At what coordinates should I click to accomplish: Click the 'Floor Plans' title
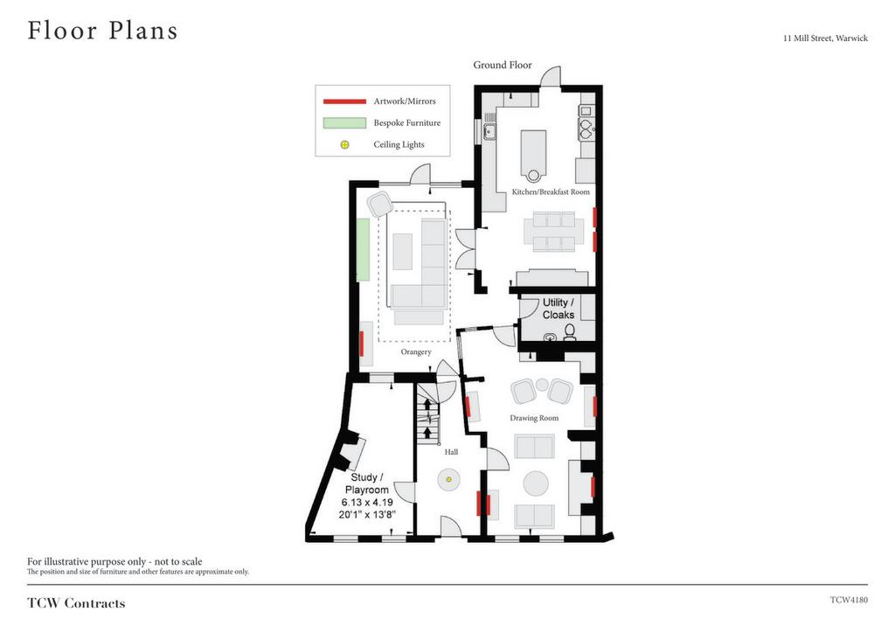pyautogui.click(x=103, y=31)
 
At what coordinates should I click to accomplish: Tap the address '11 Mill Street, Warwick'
pyautogui.click(x=825, y=38)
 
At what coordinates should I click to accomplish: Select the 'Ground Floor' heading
pyautogui.click(x=503, y=65)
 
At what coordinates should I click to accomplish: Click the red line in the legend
pyautogui.click(x=344, y=101)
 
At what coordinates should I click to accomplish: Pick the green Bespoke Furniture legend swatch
pyautogui.click(x=344, y=122)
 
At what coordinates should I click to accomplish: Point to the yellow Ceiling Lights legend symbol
pyautogui.click(x=344, y=144)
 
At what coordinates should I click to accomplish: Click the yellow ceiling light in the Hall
pyautogui.click(x=448, y=479)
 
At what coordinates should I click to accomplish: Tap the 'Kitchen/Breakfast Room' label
pyautogui.click(x=551, y=191)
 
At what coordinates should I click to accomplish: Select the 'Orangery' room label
pyautogui.click(x=416, y=351)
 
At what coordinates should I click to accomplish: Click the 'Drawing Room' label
pyautogui.click(x=534, y=418)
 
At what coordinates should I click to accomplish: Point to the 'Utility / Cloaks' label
pyautogui.click(x=559, y=309)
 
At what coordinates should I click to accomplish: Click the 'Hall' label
pyautogui.click(x=452, y=452)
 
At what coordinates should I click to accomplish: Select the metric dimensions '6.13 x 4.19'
pyautogui.click(x=367, y=502)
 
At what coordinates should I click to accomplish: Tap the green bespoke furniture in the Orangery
pyautogui.click(x=363, y=249)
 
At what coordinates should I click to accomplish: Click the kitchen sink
pyautogui.click(x=489, y=132)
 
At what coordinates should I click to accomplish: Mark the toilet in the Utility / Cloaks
pyautogui.click(x=570, y=331)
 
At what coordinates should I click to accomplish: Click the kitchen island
pyautogui.click(x=533, y=153)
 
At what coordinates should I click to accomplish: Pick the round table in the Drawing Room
pyautogui.click(x=536, y=483)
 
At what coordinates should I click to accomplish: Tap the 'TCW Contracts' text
pyautogui.click(x=76, y=603)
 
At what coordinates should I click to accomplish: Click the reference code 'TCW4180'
pyautogui.click(x=849, y=600)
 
